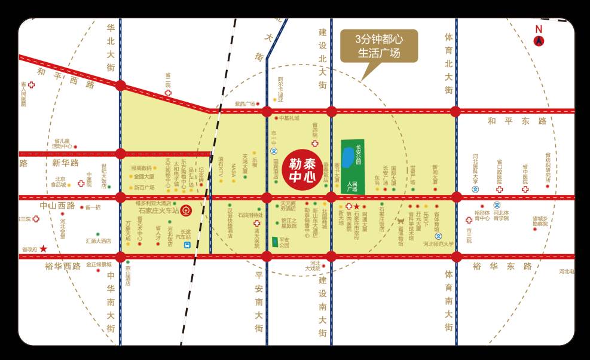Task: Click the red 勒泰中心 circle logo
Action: pyautogui.click(x=303, y=168)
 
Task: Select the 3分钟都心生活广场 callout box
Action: pyautogui.click(x=378, y=46)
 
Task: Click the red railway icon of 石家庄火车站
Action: pyautogui.click(x=187, y=210)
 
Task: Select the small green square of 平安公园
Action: pyautogui.click(x=275, y=242)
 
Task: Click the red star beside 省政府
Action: pyautogui.click(x=43, y=248)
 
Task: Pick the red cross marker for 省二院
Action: pyautogui.click(x=168, y=93)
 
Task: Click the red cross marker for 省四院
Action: pyautogui.click(x=315, y=144)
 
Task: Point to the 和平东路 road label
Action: pyautogui.click(x=517, y=121)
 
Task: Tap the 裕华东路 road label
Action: pyautogui.click(x=502, y=266)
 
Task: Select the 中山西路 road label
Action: pyautogui.click(x=57, y=206)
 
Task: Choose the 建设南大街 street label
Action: pyautogui.click(x=323, y=304)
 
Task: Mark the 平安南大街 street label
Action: pyautogui.click(x=259, y=302)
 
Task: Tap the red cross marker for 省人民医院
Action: pyautogui.click(x=31, y=85)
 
